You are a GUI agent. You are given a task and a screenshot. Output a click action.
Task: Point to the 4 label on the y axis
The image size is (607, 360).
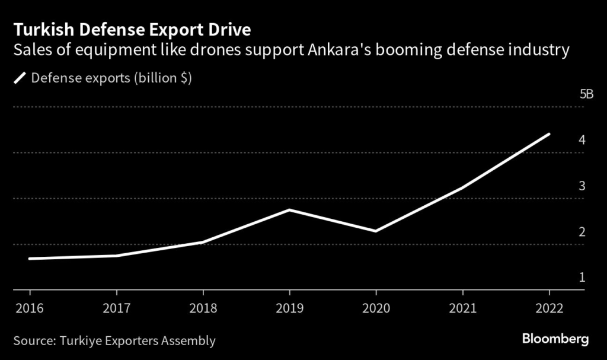pyautogui.click(x=582, y=141)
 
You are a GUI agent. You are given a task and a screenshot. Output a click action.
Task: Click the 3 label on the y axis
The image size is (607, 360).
pyautogui.click(x=582, y=186)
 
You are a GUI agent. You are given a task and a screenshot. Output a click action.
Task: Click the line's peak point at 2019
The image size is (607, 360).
pyautogui.click(x=289, y=210)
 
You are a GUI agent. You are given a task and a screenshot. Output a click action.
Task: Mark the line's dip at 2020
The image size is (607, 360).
pyautogui.click(x=376, y=231)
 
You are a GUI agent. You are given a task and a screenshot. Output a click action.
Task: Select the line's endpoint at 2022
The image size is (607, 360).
pyautogui.click(x=549, y=134)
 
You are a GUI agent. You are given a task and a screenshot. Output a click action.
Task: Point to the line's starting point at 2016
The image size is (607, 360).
pyautogui.click(x=30, y=259)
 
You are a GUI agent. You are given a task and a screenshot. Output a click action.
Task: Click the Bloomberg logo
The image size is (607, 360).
pyautogui.click(x=555, y=339)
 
